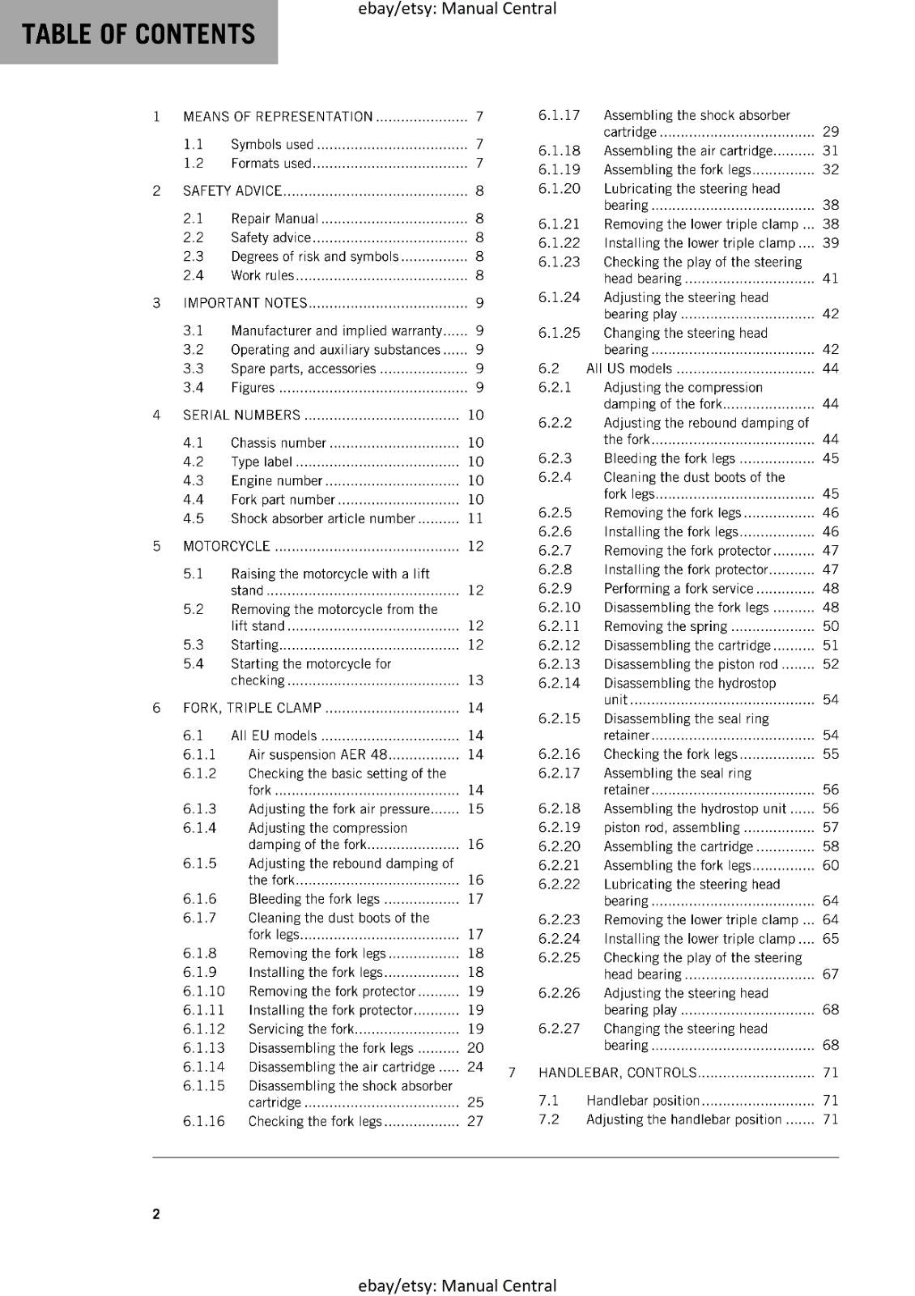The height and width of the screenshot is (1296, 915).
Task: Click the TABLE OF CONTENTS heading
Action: (138, 34)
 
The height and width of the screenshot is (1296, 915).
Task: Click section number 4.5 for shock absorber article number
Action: (194, 518)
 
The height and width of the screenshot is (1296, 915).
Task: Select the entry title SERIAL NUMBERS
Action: (241, 415)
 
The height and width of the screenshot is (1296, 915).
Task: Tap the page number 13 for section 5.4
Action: (475, 680)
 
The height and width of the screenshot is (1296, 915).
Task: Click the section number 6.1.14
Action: (204, 1067)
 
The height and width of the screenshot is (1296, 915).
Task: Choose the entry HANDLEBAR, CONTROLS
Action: (617, 1072)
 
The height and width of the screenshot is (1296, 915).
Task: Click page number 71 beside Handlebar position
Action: (830, 1100)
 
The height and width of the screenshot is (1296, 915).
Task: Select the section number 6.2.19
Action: (560, 827)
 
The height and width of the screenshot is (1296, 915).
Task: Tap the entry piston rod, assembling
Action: (671, 827)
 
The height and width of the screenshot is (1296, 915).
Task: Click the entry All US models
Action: (629, 369)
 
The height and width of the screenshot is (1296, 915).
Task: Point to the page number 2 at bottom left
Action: (156, 1213)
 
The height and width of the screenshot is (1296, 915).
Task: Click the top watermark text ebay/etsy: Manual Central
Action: (457, 9)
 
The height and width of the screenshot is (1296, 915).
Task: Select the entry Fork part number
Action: (283, 500)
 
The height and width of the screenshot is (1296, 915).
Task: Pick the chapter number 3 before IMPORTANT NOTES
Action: (156, 303)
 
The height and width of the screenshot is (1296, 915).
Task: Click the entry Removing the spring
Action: (666, 626)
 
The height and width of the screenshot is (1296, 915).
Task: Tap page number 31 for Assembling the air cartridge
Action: (830, 151)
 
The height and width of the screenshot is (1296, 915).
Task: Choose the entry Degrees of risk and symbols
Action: (315, 256)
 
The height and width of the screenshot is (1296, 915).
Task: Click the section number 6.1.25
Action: (560, 333)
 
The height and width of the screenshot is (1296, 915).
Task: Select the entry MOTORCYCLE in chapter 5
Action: (227, 546)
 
